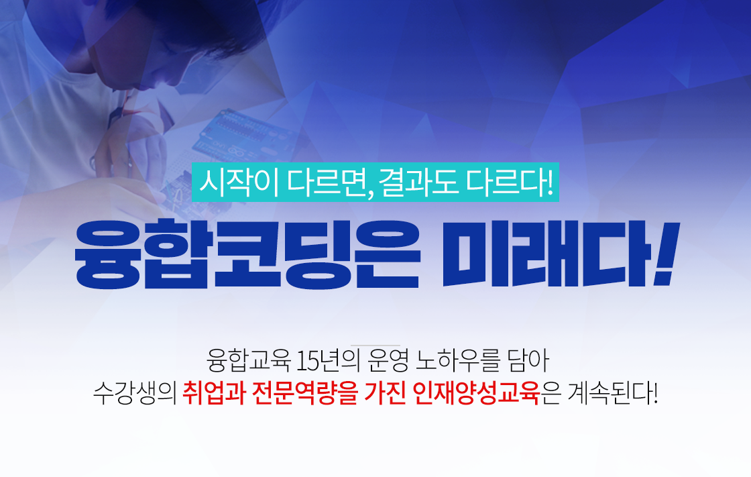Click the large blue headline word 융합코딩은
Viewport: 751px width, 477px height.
pos(247,254)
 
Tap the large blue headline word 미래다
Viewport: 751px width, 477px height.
pos(545,254)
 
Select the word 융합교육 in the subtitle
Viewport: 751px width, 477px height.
pos(249,360)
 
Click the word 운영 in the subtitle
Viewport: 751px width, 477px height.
pos(388,360)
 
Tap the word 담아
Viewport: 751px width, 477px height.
pos(527,360)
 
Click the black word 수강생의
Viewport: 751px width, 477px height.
pos(135,393)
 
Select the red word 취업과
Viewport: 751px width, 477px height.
pos(214,393)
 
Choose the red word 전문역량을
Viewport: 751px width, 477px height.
pos(304,393)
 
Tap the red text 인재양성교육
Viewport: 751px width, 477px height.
pos(476,393)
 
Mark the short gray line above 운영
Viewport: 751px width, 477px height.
pos(375,345)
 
